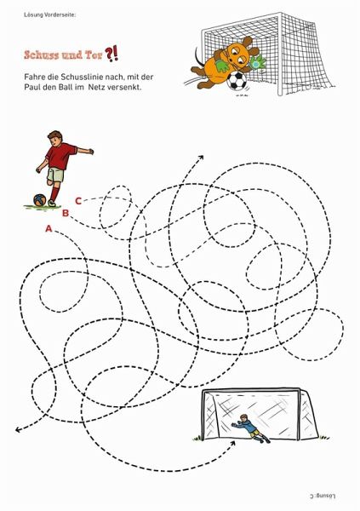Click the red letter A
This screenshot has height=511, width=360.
click(49, 229)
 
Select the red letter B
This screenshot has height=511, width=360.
click(66, 213)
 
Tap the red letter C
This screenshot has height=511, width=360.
click(78, 201)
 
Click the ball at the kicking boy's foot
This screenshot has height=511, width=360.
click(40, 200)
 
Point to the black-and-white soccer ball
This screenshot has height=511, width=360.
click(237, 81)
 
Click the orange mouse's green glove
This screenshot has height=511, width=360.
click(221, 64)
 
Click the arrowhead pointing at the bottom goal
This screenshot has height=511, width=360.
click(232, 444)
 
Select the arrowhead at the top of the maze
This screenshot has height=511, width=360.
click(201, 158)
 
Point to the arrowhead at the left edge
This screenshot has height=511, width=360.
click(18, 430)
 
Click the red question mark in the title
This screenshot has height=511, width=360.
click(109, 55)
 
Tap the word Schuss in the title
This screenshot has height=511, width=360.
click(40, 55)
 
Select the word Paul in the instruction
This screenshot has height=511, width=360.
click(32, 87)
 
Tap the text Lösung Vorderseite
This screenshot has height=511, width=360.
click(50, 14)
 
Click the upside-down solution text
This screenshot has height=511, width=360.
click(323, 496)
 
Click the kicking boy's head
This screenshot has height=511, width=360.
click(55, 137)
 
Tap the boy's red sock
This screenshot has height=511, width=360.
click(55, 193)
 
